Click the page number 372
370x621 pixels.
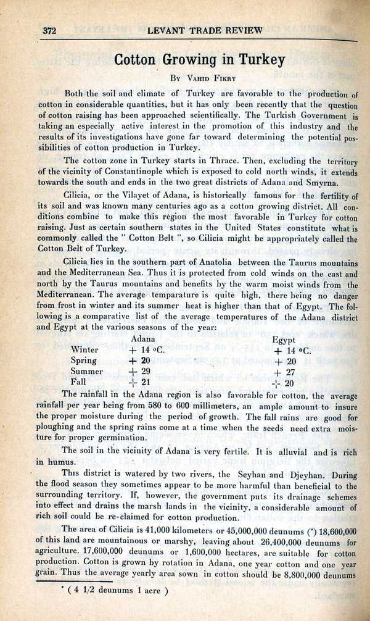click(49, 31)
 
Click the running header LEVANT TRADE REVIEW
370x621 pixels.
click(205, 30)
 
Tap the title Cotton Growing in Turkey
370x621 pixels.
click(200, 60)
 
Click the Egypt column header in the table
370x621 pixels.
click(284, 340)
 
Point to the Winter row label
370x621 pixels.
click(86, 349)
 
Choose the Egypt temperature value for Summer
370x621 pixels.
click(285, 372)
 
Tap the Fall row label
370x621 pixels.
click(80, 383)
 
